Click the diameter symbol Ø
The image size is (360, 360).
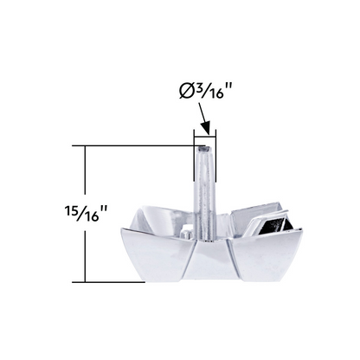(x=186, y=92)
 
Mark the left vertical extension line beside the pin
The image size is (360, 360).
(x=194, y=155)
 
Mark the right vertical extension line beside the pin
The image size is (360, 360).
(x=215, y=155)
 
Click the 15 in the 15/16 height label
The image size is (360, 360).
(x=71, y=211)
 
